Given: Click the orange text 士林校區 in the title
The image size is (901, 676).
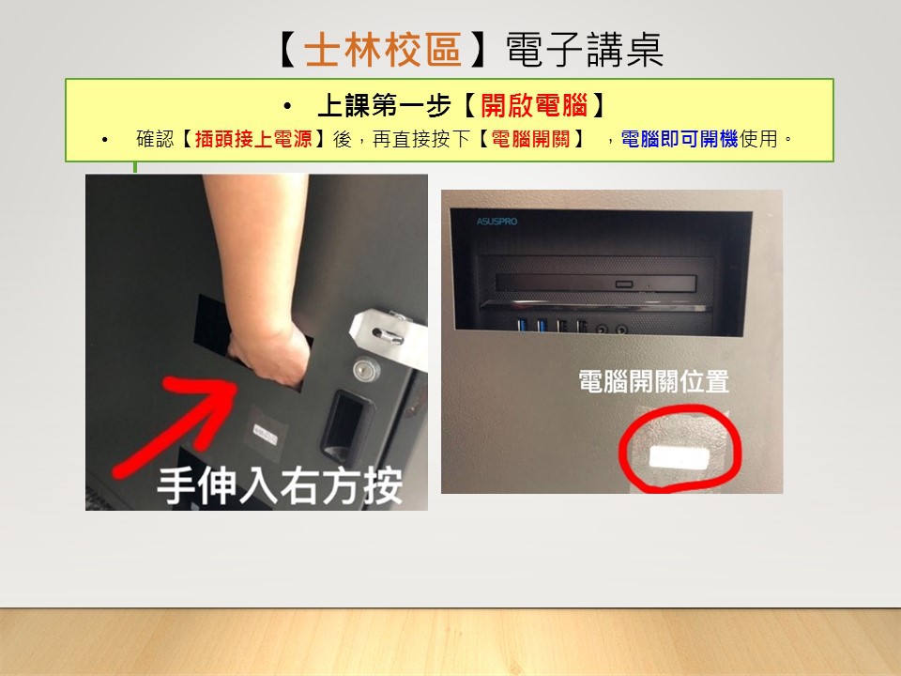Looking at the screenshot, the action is [x=383, y=50].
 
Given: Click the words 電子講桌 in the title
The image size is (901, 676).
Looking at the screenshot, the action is [x=585, y=50].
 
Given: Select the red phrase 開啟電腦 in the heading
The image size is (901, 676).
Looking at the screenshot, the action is [x=534, y=105].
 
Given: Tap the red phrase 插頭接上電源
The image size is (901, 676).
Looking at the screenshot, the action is [x=253, y=139].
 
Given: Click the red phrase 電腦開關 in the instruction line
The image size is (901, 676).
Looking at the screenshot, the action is [x=530, y=139].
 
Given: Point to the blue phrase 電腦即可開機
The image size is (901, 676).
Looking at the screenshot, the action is [x=680, y=139].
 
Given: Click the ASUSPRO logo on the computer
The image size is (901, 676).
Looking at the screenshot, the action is [x=496, y=222].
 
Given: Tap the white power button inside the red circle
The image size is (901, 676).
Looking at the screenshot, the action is [x=678, y=458].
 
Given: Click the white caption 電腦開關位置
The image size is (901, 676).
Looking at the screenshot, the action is [x=653, y=382].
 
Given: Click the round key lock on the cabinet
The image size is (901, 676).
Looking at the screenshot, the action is [x=365, y=369].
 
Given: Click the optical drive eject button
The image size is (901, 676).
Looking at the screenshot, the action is [x=623, y=284].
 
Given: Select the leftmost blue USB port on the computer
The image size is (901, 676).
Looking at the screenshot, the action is [x=523, y=326].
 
